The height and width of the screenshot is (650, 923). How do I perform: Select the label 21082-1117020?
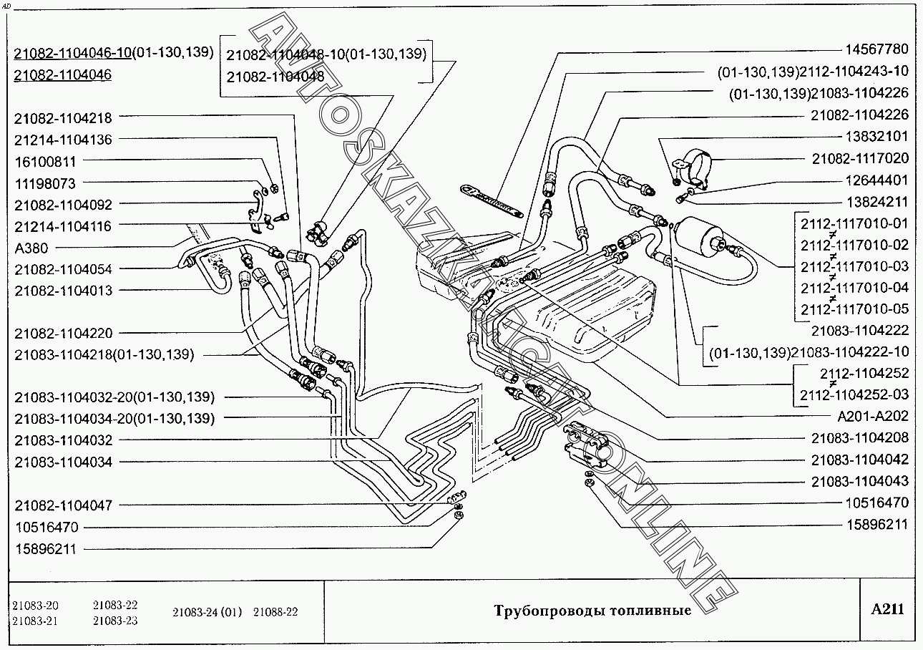pyautogui.click(x=860, y=158)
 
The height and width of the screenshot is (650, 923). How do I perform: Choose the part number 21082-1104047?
pyautogui.click(x=63, y=505)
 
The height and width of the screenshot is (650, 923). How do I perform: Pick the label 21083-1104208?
pyautogui.click(x=860, y=437)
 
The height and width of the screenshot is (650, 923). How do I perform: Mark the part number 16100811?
pyautogui.click(x=44, y=162)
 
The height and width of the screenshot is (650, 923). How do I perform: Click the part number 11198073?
pyautogui.click(x=44, y=183)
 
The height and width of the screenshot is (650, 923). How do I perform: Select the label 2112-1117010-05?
pyautogui.click(x=854, y=309)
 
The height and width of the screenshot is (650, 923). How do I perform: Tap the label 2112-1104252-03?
pyautogui.click(x=854, y=394)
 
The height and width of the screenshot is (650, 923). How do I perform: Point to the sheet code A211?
pyautogui.click(x=887, y=609)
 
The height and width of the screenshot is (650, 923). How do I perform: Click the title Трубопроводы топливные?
pyautogui.click(x=592, y=611)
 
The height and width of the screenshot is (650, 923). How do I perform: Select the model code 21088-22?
pyautogui.click(x=275, y=612)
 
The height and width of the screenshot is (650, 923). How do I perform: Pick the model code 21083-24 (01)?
pyautogui.click(x=207, y=612)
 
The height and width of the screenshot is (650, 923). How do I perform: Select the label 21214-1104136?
pyautogui.click(x=63, y=140)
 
